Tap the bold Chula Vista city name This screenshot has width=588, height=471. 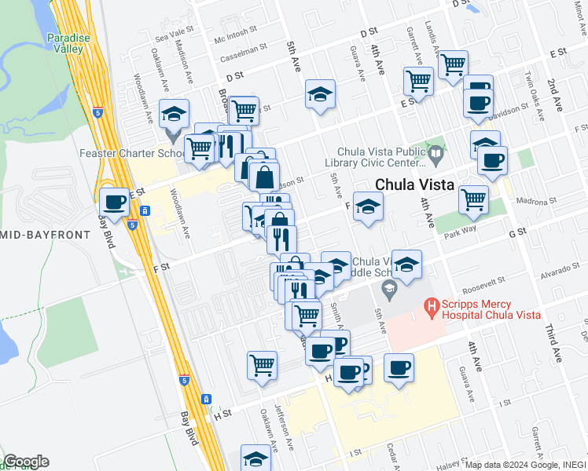pos(415,185)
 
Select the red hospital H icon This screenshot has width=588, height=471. pos(431,305)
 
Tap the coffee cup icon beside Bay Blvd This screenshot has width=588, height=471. pos(115,202)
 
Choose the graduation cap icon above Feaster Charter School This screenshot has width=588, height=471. pos(174,114)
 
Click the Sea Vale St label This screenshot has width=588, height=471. pos(174,36)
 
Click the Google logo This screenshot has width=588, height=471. pos(26,462)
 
